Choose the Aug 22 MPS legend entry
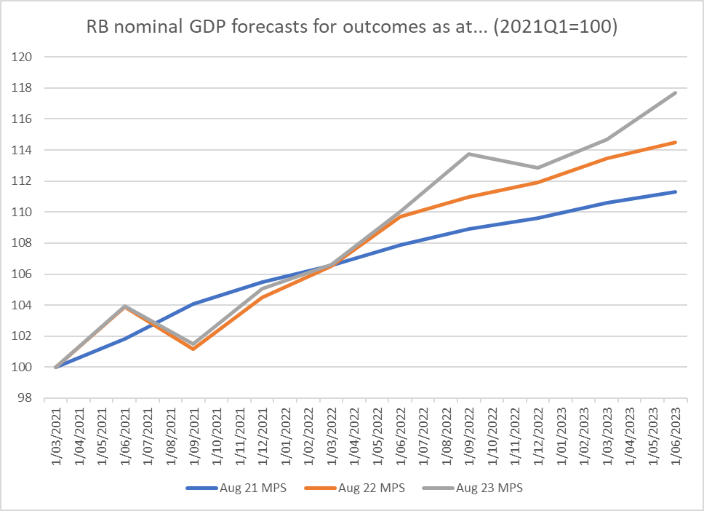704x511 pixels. [371, 488]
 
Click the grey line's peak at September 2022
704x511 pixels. [469, 154]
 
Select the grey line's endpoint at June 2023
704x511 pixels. [676, 92]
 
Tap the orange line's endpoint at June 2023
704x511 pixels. [676, 142]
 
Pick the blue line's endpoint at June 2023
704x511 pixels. [676, 191]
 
